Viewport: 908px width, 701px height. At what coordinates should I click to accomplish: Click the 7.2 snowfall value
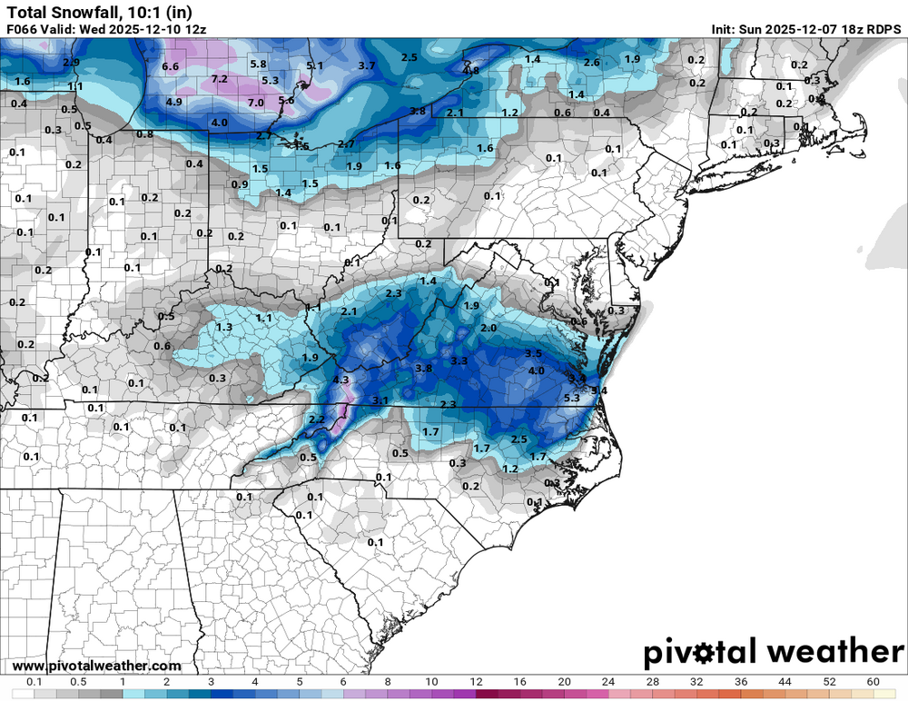[219, 80]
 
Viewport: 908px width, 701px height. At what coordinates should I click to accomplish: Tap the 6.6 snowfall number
[170, 67]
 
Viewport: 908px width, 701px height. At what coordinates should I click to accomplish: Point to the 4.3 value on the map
[341, 380]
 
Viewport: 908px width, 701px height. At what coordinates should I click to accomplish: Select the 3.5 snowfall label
[533, 353]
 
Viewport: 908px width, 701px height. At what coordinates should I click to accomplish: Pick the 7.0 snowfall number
[255, 103]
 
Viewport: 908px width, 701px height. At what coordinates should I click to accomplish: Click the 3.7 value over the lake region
[367, 65]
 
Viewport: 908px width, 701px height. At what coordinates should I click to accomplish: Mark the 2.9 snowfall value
[72, 63]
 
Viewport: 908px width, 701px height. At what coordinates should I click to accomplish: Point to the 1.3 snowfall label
[224, 327]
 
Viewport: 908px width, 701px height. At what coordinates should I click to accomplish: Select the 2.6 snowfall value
[591, 63]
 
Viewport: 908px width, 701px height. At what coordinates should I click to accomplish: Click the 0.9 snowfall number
[240, 184]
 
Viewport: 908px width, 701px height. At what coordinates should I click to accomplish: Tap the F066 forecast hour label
[24, 29]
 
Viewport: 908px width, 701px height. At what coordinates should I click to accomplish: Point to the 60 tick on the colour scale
[873, 681]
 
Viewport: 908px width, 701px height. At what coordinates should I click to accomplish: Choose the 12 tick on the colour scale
[476, 681]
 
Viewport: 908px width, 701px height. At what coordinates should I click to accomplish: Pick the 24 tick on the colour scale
[608, 681]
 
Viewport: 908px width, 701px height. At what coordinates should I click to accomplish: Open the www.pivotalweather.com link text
[97, 666]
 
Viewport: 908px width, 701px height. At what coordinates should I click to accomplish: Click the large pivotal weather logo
[774, 652]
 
